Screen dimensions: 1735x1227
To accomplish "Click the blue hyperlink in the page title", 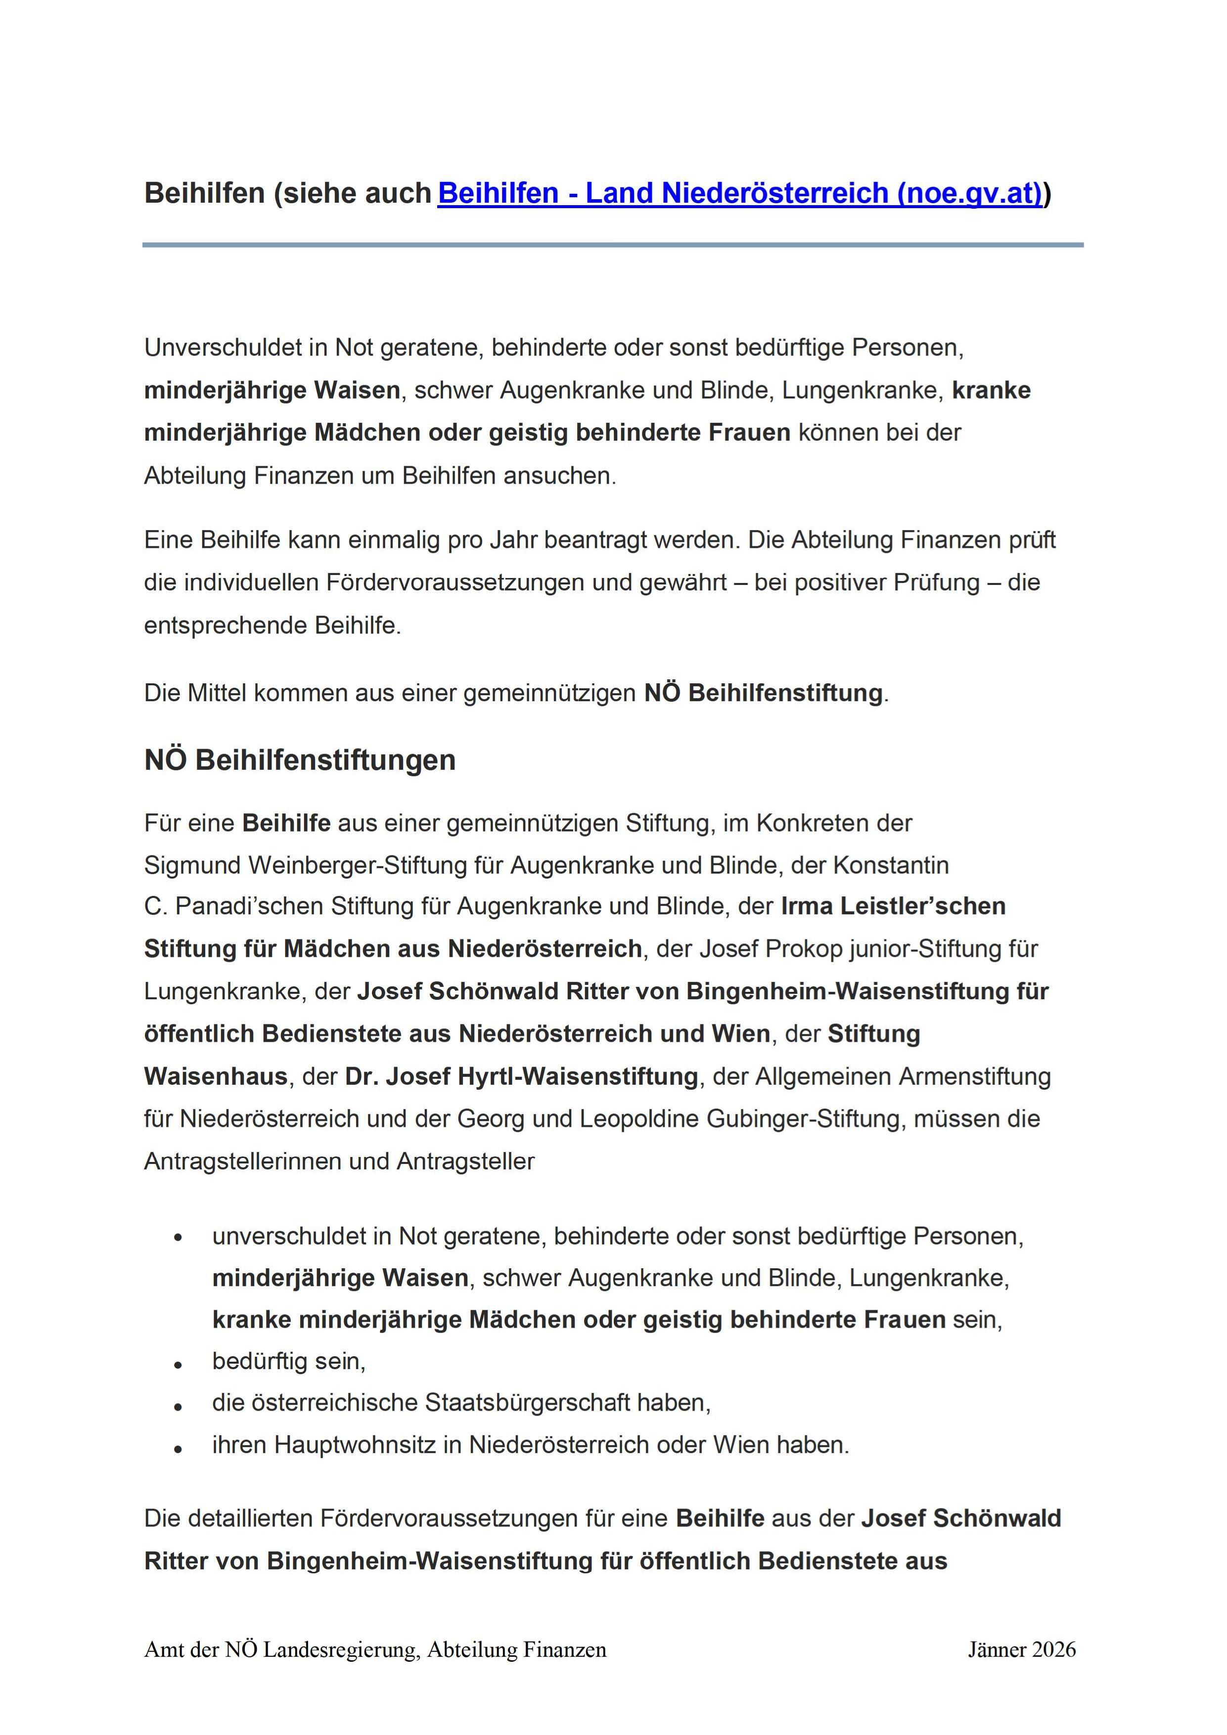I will pos(739,193).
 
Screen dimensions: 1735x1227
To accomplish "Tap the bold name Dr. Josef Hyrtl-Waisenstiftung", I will pos(522,1076).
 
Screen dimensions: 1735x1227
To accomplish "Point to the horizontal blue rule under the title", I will pos(612,245).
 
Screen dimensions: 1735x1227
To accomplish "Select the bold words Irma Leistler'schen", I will pos(893,906).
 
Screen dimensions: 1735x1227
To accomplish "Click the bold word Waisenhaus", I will pos(216,1076).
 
